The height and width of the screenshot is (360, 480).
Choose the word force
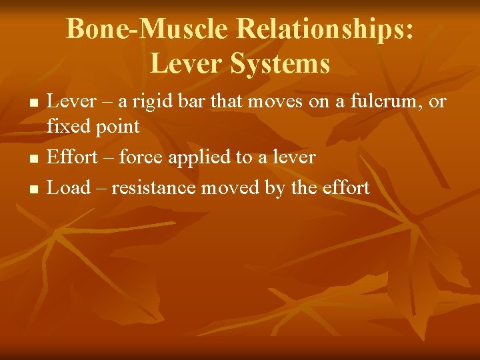(x=142, y=157)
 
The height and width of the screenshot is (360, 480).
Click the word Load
(x=69, y=187)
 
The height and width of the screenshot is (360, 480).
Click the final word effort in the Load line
(x=346, y=187)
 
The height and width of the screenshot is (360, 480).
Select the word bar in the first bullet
(x=188, y=102)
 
